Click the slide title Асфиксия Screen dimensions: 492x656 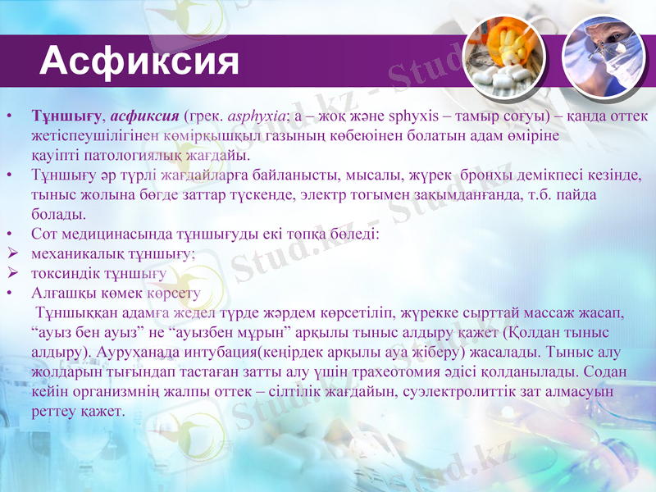[x=139, y=61]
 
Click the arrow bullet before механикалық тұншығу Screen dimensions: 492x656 [x=11, y=254]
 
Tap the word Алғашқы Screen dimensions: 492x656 [x=60, y=294]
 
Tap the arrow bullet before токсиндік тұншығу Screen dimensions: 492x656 [x=11, y=274]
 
